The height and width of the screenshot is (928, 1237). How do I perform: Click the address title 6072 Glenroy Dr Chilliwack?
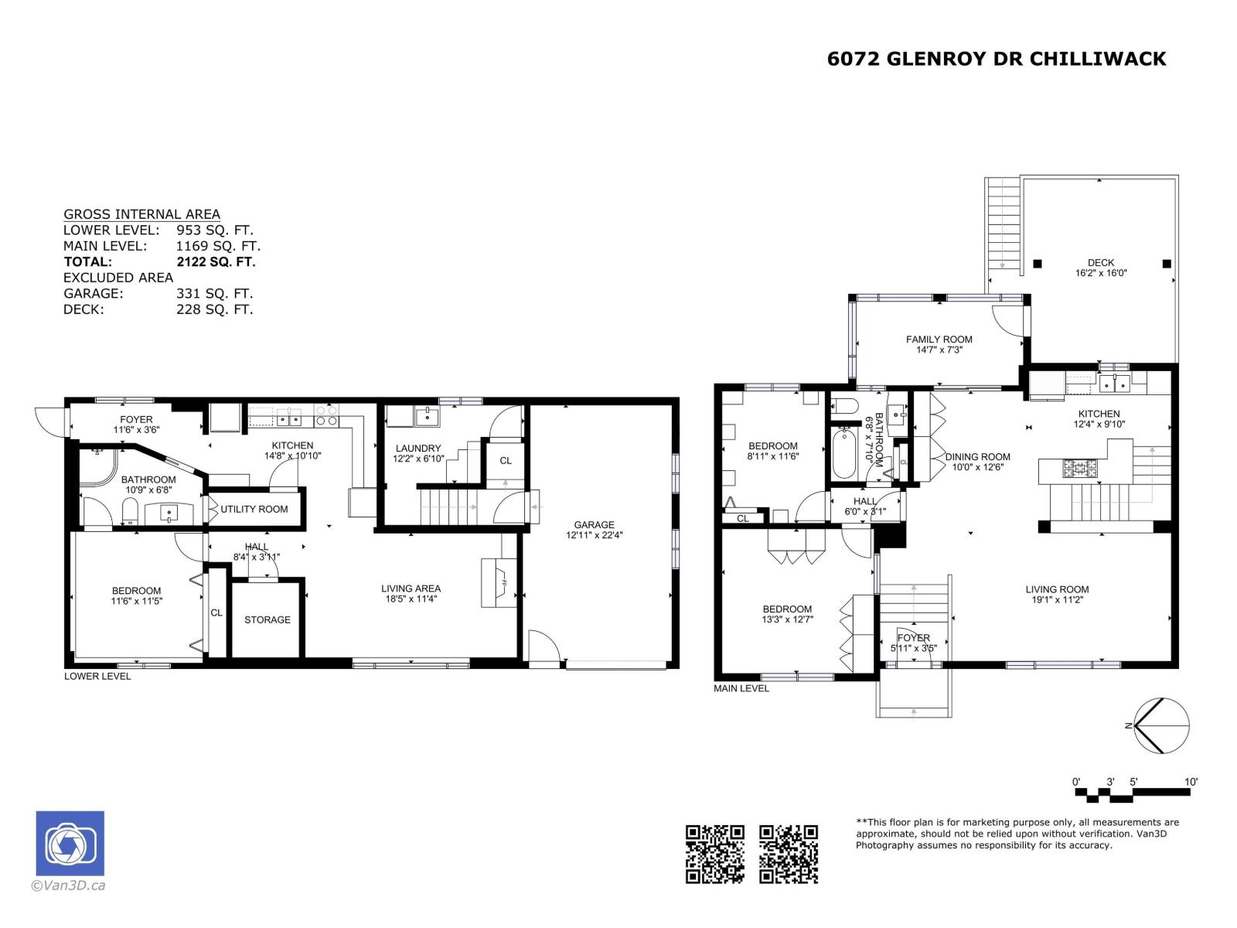coord(996,60)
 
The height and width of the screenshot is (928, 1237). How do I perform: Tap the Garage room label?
coord(594,524)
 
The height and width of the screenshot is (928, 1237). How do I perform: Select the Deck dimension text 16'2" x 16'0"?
coord(1100,273)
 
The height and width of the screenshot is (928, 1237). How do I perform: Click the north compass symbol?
coord(1160,725)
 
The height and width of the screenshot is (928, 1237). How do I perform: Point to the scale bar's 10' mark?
coord(1190,782)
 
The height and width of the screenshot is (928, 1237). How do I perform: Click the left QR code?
coord(715,854)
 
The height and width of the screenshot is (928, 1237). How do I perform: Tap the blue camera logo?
coord(70,843)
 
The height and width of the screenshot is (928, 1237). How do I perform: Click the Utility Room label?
coord(254,509)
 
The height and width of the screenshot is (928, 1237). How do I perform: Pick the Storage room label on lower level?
coord(268,619)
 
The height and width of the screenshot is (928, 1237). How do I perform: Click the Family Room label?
coord(939,339)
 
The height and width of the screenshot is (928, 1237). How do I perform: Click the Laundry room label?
coord(417,448)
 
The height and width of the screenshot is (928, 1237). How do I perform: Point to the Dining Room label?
coord(977,456)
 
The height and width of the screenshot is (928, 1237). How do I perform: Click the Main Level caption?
coord(741,688)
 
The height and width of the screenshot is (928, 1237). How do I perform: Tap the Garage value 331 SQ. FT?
coord(214,294)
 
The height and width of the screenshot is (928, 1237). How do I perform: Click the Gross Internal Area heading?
coord(141,214)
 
